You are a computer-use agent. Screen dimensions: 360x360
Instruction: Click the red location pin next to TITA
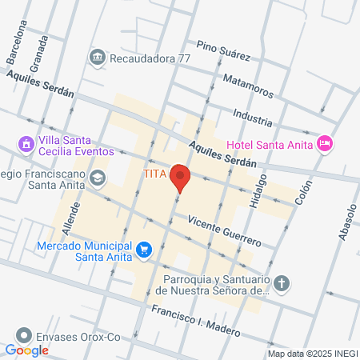click(x=181, y=178)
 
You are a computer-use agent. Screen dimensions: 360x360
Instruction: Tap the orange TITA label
click(x=154, y=174)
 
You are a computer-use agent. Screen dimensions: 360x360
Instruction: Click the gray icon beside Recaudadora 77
click(x=98, y=57)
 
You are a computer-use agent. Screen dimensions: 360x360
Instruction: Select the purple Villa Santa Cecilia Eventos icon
click(x=26, y=144)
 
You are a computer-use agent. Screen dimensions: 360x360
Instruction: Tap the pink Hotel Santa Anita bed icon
click(x=325, y=143)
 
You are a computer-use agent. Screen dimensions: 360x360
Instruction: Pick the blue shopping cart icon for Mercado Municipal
click(x=144, y=250)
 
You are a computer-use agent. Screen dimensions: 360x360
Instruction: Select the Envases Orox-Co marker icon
click(x=26, y=337)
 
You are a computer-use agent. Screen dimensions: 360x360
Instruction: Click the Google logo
click(x=26, y=350)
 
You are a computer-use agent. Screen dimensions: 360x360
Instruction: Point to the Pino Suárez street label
click(x=224, y=51)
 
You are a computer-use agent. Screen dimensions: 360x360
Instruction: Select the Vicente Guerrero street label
click(x=224, y=230)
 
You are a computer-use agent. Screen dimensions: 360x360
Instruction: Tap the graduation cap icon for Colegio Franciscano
click(x=98, y=177)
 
